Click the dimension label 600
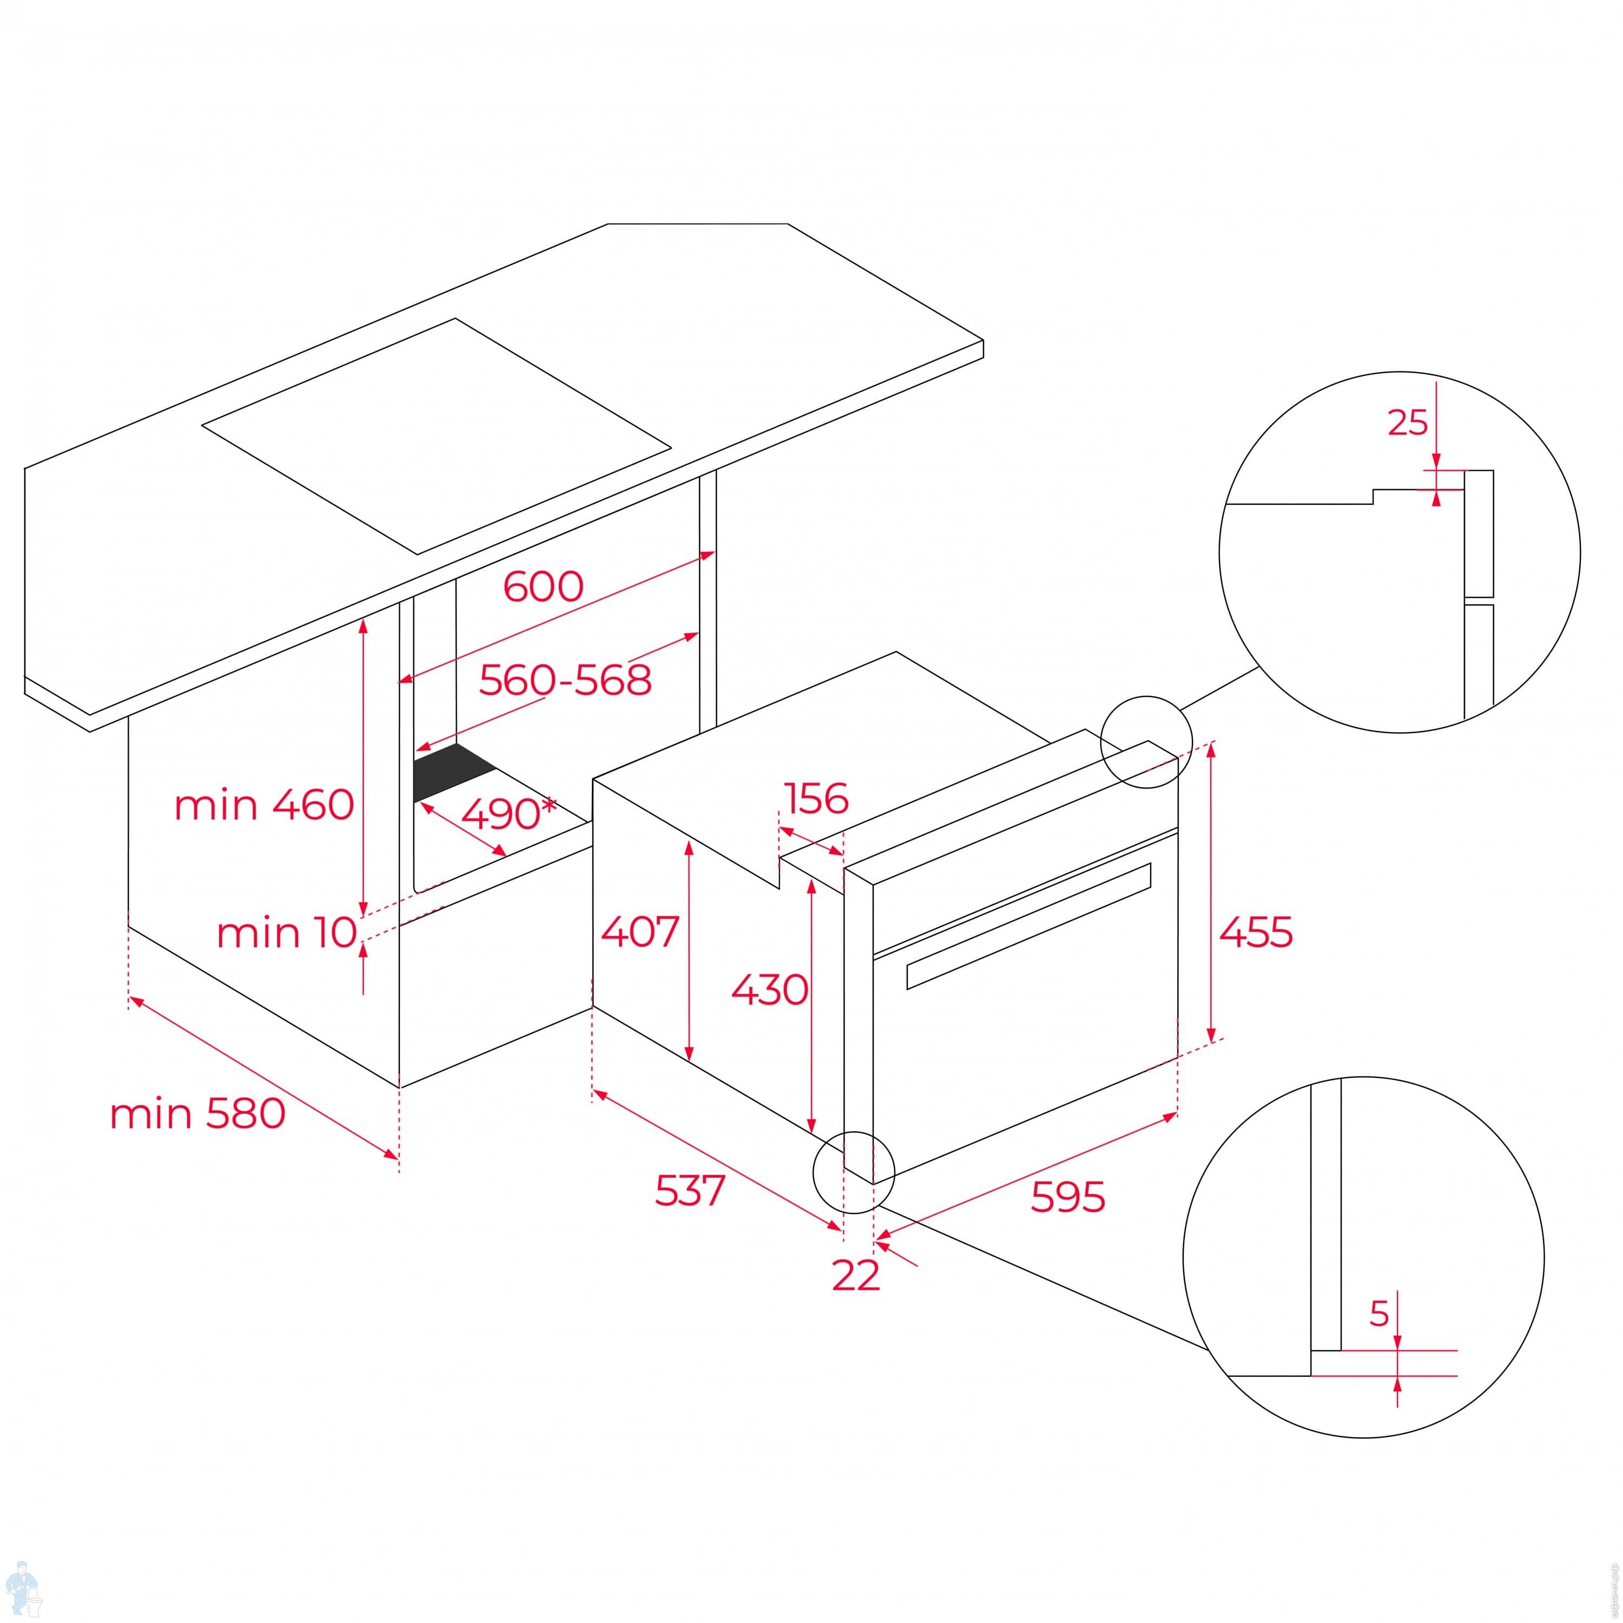543,586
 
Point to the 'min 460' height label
264,805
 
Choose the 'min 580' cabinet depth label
197,1114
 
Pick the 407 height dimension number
640,932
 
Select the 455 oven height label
1256,933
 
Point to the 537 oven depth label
690,1190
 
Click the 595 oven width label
1068,1197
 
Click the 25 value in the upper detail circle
1408,423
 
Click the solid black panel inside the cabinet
454,771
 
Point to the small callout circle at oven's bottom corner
854,1172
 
